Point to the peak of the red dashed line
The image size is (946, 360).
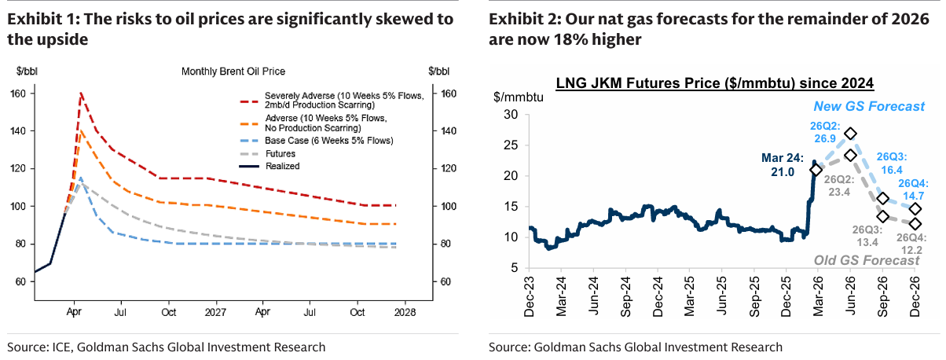[80, 93]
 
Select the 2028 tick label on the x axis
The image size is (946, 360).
[404, 312]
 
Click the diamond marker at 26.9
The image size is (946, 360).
[850, 134]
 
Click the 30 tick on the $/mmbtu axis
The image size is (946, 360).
[511, 115]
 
